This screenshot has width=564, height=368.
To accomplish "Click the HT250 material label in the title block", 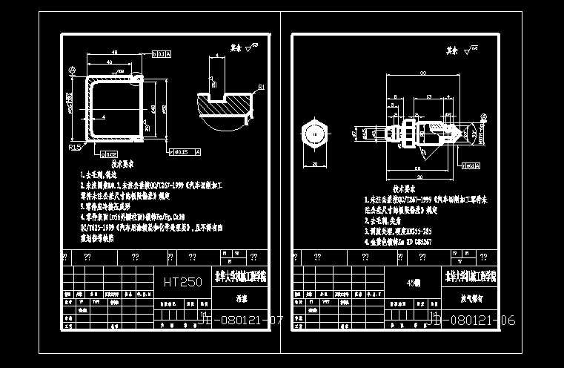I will point(182,282).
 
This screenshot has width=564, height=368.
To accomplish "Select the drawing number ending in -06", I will point(471,321).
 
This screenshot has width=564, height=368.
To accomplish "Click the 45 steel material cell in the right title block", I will point(414,283).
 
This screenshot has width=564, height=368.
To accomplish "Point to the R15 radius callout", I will point(74,148).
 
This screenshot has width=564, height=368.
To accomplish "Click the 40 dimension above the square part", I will point(109,63).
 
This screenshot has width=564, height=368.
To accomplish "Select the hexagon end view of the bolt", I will point(315,134).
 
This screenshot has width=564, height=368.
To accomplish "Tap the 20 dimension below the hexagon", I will point(314,164).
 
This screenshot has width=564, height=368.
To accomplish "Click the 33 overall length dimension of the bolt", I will point(422,73).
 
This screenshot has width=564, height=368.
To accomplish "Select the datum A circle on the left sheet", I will point(72,71).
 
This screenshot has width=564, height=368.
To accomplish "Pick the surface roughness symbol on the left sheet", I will point(251,47).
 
